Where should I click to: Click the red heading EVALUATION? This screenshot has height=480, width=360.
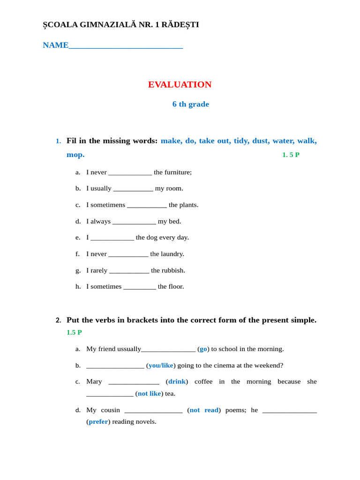[x=180, y=84]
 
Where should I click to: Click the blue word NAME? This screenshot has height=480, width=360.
[x=56, y=45]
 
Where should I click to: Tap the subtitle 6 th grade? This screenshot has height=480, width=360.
[x=190, y=104]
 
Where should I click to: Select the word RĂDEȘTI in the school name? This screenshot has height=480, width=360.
[x=180, y=24]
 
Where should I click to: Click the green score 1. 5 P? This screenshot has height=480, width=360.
[x=291, y=155]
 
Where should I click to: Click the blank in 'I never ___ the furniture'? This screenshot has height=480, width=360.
[x=130, y=172]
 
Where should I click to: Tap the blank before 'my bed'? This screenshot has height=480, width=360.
[x=134, y=222]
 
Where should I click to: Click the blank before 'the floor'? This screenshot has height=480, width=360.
[x=140, y=287]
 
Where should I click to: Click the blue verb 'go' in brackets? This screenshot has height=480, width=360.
[x=203, y=349]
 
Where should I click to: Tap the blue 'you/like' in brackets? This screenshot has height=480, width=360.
[x=161, y=365]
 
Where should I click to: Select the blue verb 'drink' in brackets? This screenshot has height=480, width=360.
[x=177, y=382]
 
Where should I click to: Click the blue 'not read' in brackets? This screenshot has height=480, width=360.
[x=204, y=410]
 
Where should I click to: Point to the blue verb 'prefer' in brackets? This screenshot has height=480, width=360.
[x=98, y=421]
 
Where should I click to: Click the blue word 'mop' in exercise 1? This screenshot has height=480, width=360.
[x=75, y=155]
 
